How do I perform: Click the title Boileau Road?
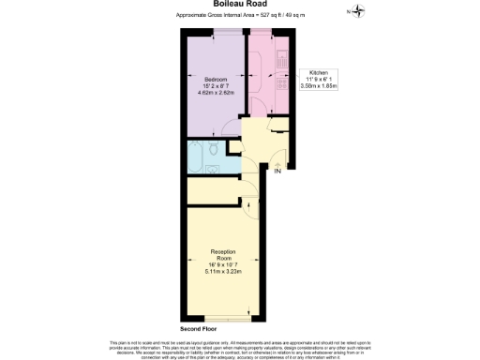point(241,5)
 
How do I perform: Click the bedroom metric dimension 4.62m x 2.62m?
point(216,93)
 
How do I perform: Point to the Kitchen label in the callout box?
point(318,72)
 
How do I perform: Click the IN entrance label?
point(277,172)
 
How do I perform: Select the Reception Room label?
point(224,254)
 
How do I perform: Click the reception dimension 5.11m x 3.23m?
point(224,272)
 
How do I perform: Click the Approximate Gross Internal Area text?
point(240,17)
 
